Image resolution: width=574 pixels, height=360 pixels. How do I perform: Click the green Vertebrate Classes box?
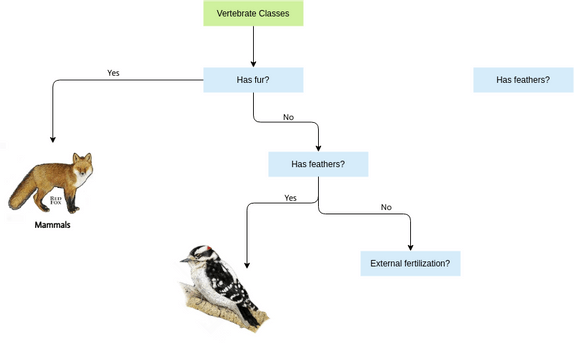pos(253,14)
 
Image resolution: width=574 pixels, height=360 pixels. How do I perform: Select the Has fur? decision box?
pos(253,80)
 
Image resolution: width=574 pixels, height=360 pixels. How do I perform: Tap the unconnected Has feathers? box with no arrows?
pos(522,80)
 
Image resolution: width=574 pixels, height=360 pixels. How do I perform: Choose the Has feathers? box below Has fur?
pos(318,164)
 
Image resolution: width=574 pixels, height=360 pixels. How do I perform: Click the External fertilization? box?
pos(410,264)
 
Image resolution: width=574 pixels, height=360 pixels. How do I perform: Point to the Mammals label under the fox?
pos(52,226)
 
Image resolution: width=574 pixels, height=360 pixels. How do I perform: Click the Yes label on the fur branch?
pos(113,73)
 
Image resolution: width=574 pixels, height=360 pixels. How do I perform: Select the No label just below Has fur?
pos(288,117)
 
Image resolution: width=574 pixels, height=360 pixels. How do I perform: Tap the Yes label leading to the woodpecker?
pos(290,198)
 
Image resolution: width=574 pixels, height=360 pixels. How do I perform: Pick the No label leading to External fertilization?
pos(386,207)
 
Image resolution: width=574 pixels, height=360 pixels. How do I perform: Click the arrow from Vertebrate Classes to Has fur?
pos(253,46)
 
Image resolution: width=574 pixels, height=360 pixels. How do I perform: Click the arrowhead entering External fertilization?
pos(410,247)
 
